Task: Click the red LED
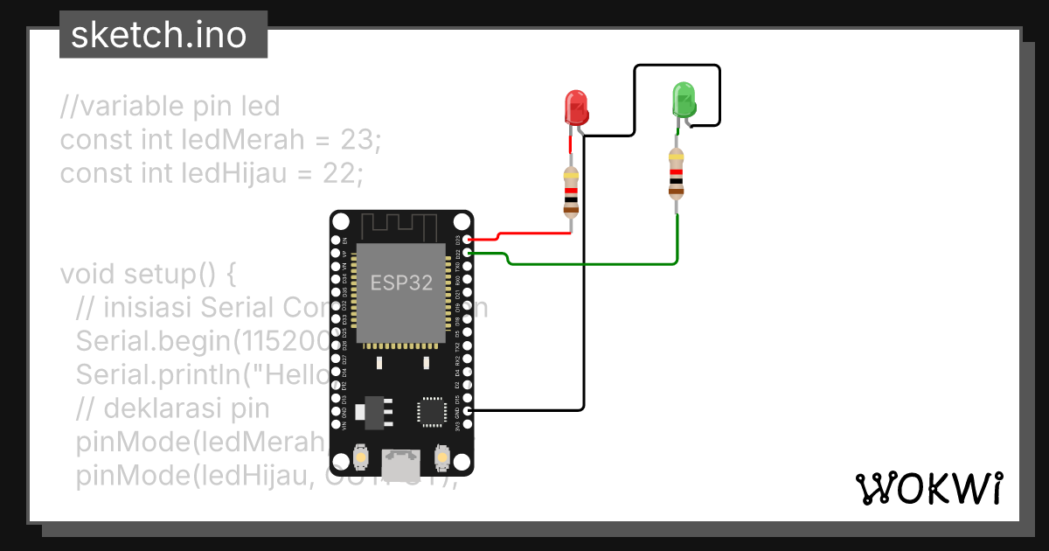575,107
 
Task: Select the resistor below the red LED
571,192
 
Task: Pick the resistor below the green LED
676,174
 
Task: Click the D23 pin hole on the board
469,239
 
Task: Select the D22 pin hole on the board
469,253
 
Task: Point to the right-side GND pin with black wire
469,410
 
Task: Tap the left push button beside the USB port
359,457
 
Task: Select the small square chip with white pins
431,411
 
